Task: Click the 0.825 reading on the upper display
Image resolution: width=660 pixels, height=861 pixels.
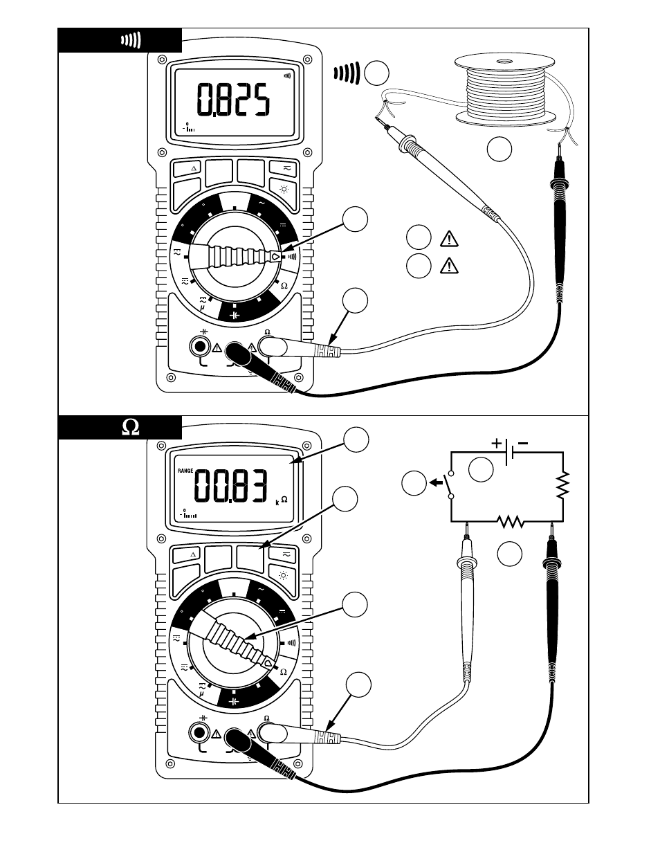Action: [232, 101]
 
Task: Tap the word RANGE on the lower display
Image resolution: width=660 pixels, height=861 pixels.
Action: [185, 471]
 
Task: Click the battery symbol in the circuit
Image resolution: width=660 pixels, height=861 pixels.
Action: [509, 452]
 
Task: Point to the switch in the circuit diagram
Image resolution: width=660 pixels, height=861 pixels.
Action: [451, 484]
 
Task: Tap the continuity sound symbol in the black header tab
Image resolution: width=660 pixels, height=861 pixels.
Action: [131, 40]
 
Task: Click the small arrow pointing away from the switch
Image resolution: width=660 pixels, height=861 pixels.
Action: [436, 482]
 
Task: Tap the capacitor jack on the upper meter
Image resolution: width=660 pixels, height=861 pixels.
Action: [201, 346]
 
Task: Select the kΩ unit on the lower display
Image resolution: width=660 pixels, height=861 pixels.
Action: [281, 500]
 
